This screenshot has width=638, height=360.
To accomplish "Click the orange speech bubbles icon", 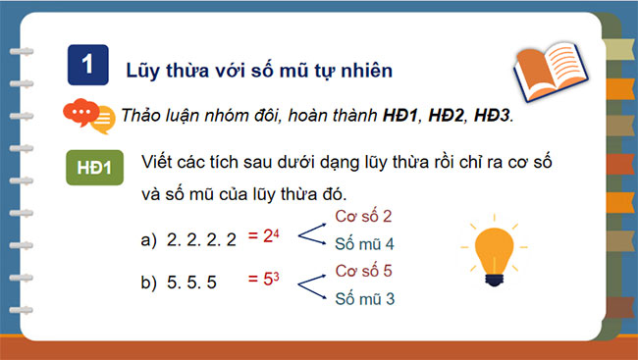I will point(87,117).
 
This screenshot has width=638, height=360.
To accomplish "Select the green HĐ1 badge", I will point(94,168).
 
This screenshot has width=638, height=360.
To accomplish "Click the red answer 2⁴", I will point(263,236).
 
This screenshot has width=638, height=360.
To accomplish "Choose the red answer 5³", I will point(263,283).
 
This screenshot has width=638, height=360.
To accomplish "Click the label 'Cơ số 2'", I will point(363,217).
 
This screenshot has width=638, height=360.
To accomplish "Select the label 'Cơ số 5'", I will point(363,270).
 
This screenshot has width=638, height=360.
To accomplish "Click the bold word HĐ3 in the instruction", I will point(493,116).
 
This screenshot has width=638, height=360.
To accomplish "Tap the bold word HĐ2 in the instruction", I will point(439,116).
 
